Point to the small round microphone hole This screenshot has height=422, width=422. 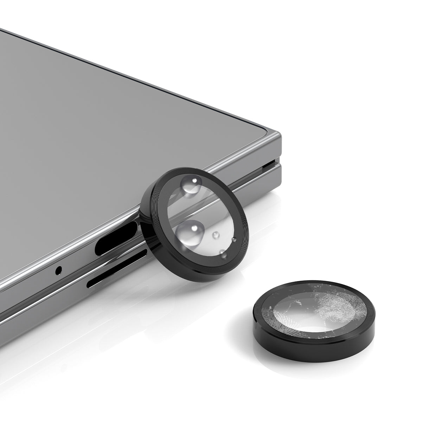click(x=59, y=270)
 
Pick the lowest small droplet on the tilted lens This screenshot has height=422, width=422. click(x=222, y=252)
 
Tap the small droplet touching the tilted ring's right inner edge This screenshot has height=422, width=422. click(x=234, y=240)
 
